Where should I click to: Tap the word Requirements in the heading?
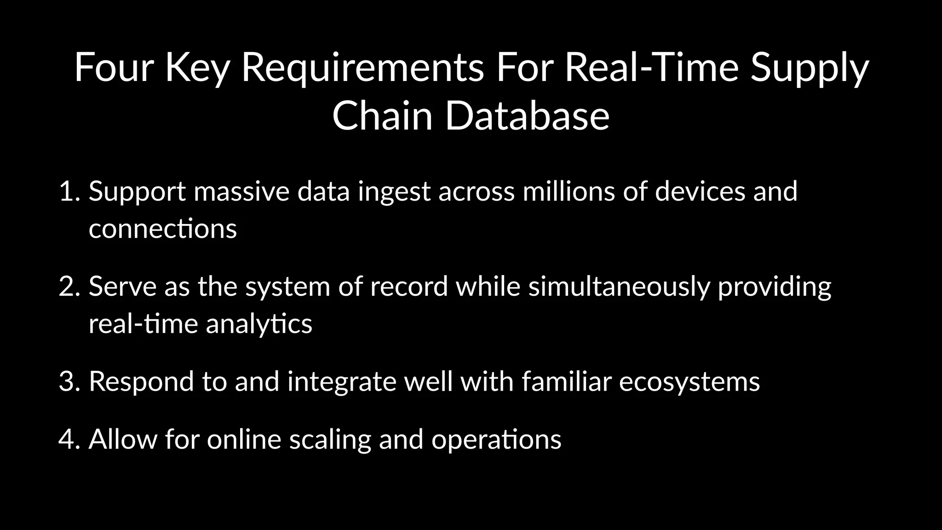[362, 68]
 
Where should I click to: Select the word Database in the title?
[527, 116]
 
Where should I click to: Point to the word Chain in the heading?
[382, 116]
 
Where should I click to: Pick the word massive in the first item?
[241, 191]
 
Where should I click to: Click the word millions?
[569, 191]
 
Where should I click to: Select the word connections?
[163, 229]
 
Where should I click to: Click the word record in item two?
[409, 286]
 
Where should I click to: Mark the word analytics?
[259, 324]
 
